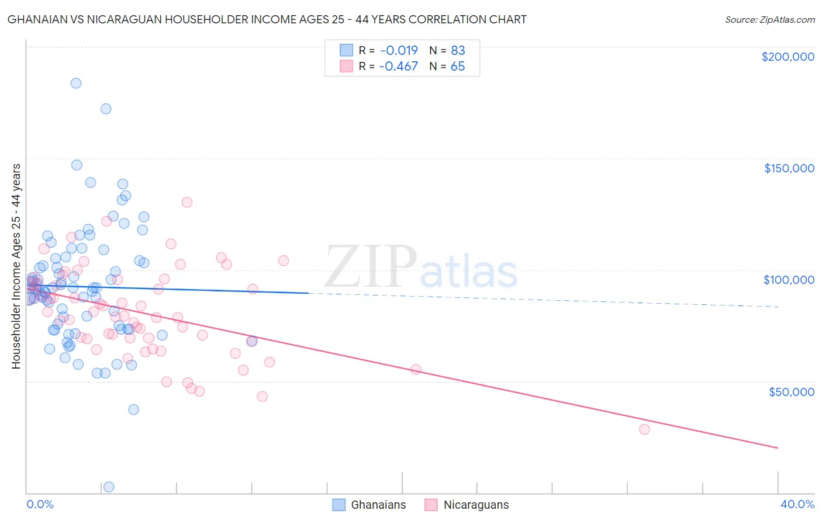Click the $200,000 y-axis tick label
788,57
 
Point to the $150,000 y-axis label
789,168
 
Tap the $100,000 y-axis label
789,280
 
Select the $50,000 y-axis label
791,391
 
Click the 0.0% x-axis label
40,504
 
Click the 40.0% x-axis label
797,504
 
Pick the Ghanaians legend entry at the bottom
369,505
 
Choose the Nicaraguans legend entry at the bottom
467,505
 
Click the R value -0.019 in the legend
398,50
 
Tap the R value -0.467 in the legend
398,66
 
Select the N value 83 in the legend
458,50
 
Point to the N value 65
458,66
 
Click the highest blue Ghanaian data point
76,83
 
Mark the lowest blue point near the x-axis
108,487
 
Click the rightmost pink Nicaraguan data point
644,429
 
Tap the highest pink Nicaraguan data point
187,202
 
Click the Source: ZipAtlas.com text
769,20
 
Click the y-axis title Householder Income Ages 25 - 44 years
16,266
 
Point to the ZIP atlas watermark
421,268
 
